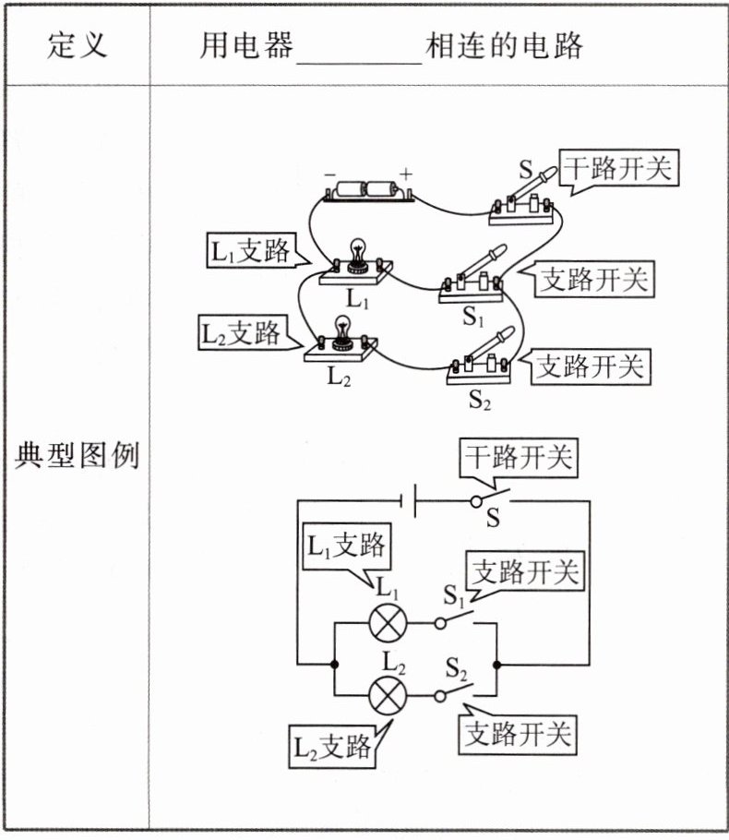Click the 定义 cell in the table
[77, 45]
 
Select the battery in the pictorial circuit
[366, 191]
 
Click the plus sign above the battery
[404, 174]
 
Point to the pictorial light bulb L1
[355, 260]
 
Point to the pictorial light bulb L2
[342, 337]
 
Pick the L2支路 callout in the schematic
[331, 746]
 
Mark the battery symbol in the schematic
[406, 502]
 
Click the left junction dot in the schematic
[333, 664]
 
